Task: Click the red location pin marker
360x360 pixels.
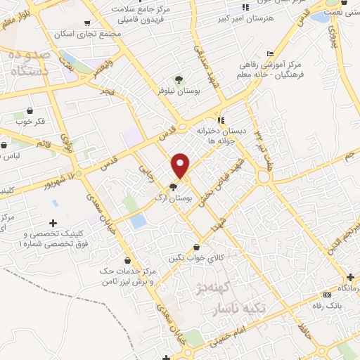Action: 181,165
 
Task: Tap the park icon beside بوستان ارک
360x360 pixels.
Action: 173,186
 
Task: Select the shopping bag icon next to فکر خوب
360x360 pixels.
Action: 30,111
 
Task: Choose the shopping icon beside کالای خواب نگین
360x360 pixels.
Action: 205,247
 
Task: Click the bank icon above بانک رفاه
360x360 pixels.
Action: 326,295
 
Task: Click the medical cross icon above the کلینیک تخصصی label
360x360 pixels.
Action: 54,223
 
